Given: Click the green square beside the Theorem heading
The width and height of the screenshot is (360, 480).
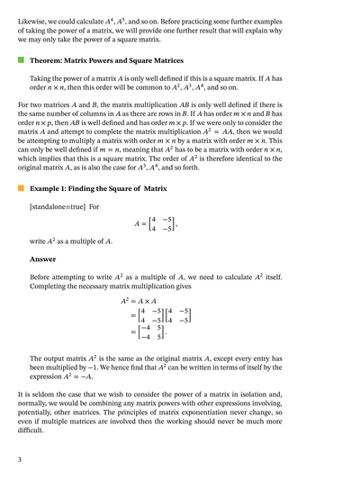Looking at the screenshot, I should [21, 61].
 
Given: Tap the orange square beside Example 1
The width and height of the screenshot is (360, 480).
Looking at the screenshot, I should [21, 189].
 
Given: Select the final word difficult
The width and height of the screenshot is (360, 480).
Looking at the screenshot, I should [31, 430].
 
